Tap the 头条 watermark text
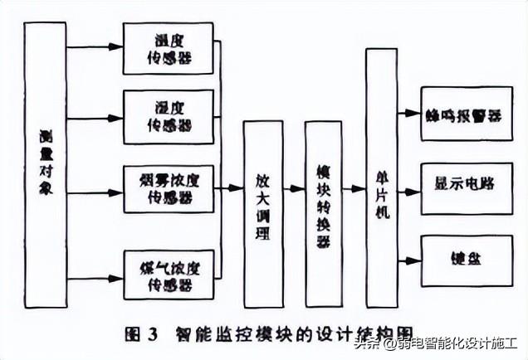point(364,343)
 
